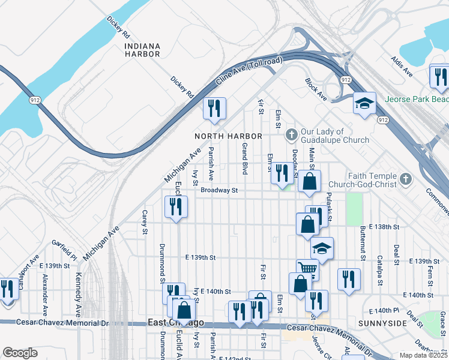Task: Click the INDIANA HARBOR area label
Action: (x=142, y=50)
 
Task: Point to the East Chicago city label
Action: (x=176, y=323)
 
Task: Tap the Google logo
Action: (x=20, y=353)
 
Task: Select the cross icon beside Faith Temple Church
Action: (x=406, y=179)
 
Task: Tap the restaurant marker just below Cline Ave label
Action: (x=214, y=108)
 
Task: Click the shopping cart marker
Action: (x=307, y=269)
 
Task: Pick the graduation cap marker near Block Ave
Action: (x=364, y=103)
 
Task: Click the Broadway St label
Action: (x=220, y=190)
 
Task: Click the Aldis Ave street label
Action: (x=402, y=66)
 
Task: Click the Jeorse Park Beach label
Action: (x=417, y=99)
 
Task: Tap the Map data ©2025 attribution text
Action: (x=423, y=355)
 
